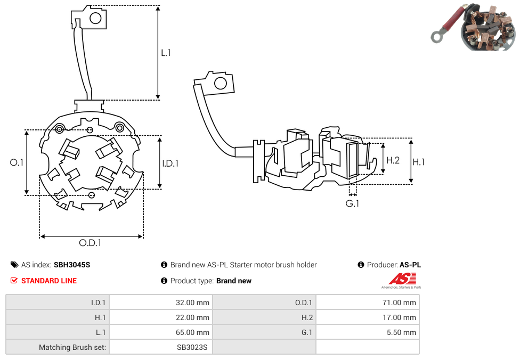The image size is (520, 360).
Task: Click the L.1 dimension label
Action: pos(166,53)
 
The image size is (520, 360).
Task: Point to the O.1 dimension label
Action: pos(17,162)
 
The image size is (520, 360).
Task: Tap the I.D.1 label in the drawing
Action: pos(170,163)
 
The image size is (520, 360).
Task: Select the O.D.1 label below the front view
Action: pos(90,243)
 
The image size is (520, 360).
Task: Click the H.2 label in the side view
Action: pos(393,160)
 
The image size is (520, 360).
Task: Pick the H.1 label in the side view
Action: pos(419,162)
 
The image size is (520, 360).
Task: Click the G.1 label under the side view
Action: pos(352,203)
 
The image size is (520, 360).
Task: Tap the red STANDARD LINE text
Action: pos(49,281)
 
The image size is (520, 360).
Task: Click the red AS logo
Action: pos(402,279)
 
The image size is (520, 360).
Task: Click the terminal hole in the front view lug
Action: pos(95,19)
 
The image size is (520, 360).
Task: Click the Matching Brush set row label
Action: pos(72,347)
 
